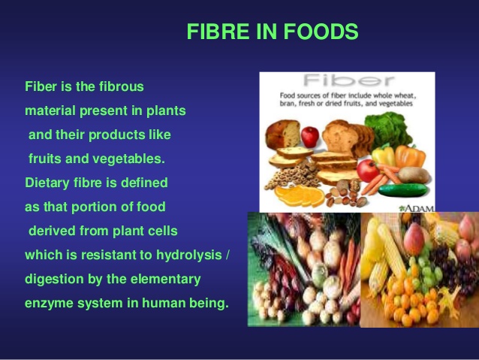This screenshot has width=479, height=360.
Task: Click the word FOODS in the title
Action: [321, 32]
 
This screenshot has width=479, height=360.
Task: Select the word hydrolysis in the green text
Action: [188, 256]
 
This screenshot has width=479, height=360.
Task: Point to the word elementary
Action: [165, 280]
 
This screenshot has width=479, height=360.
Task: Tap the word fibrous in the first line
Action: [122, 86]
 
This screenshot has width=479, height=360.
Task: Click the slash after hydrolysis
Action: [227, 255]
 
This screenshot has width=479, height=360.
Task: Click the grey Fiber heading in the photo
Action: [348, 80]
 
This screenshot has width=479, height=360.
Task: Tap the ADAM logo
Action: [417, 208]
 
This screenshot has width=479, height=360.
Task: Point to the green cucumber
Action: [402, 189]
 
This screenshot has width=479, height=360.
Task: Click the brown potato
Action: [414, 175]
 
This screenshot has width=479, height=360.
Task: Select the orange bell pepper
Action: [410, 156]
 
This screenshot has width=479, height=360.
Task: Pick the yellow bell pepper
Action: [384, 155]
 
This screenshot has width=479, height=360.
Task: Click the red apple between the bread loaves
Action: [310, 137]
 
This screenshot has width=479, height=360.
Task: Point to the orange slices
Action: [300, 195]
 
